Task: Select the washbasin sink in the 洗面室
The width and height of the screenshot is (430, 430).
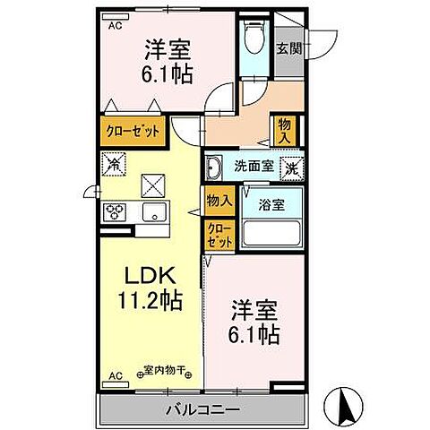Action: tap(215, 167)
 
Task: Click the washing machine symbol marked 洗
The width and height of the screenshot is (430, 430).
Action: tap(292, 167)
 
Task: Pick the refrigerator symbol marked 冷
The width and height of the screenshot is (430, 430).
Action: tap(115, 164)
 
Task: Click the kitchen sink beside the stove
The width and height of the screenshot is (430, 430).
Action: tap(153, 213)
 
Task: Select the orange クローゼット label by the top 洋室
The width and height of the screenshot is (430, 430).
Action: tap(133, 131)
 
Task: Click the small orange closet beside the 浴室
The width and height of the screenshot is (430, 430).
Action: tap(219, 236)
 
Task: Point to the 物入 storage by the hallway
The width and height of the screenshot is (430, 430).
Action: tap(283, 130)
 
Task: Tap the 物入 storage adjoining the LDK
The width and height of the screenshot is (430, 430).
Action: tap(219, 202)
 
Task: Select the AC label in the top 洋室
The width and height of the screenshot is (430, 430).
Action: tap(115, 27)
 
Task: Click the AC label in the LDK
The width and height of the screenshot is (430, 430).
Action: tap(115, 374)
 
